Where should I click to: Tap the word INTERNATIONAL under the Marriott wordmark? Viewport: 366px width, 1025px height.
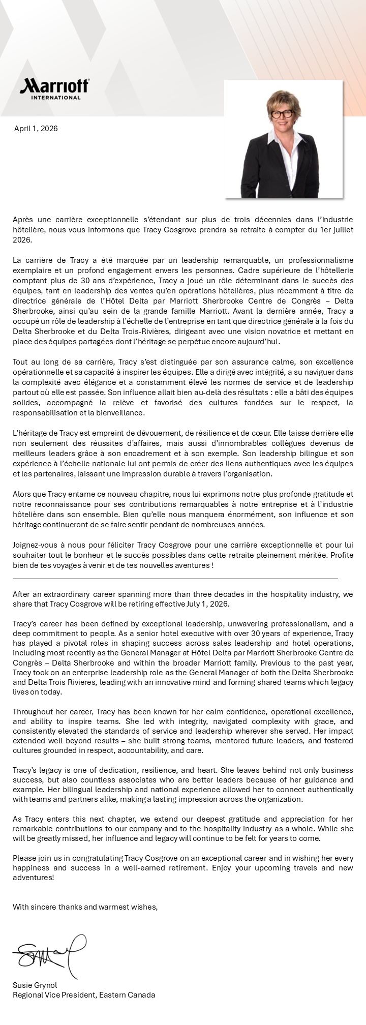(56, 97)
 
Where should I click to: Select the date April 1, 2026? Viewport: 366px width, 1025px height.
(36, 129)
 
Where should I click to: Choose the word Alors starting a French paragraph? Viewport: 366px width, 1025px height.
(22, 494)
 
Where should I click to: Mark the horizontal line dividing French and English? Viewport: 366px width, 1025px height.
(175, 579)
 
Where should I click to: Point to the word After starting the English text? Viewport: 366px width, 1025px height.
(22, 594)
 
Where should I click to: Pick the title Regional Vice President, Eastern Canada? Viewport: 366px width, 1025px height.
(84, 995)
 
